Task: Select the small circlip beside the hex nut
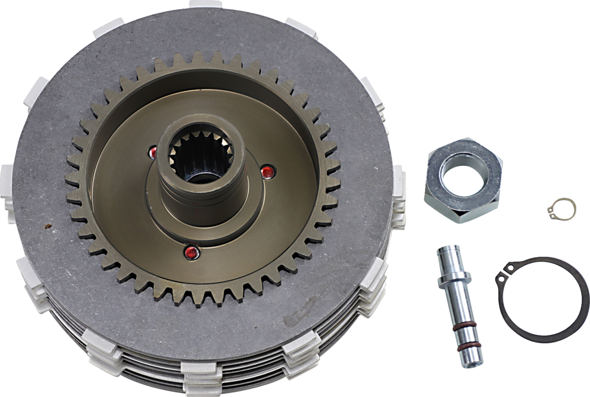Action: click(562, 208)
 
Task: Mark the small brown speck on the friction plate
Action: click(45, 225)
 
